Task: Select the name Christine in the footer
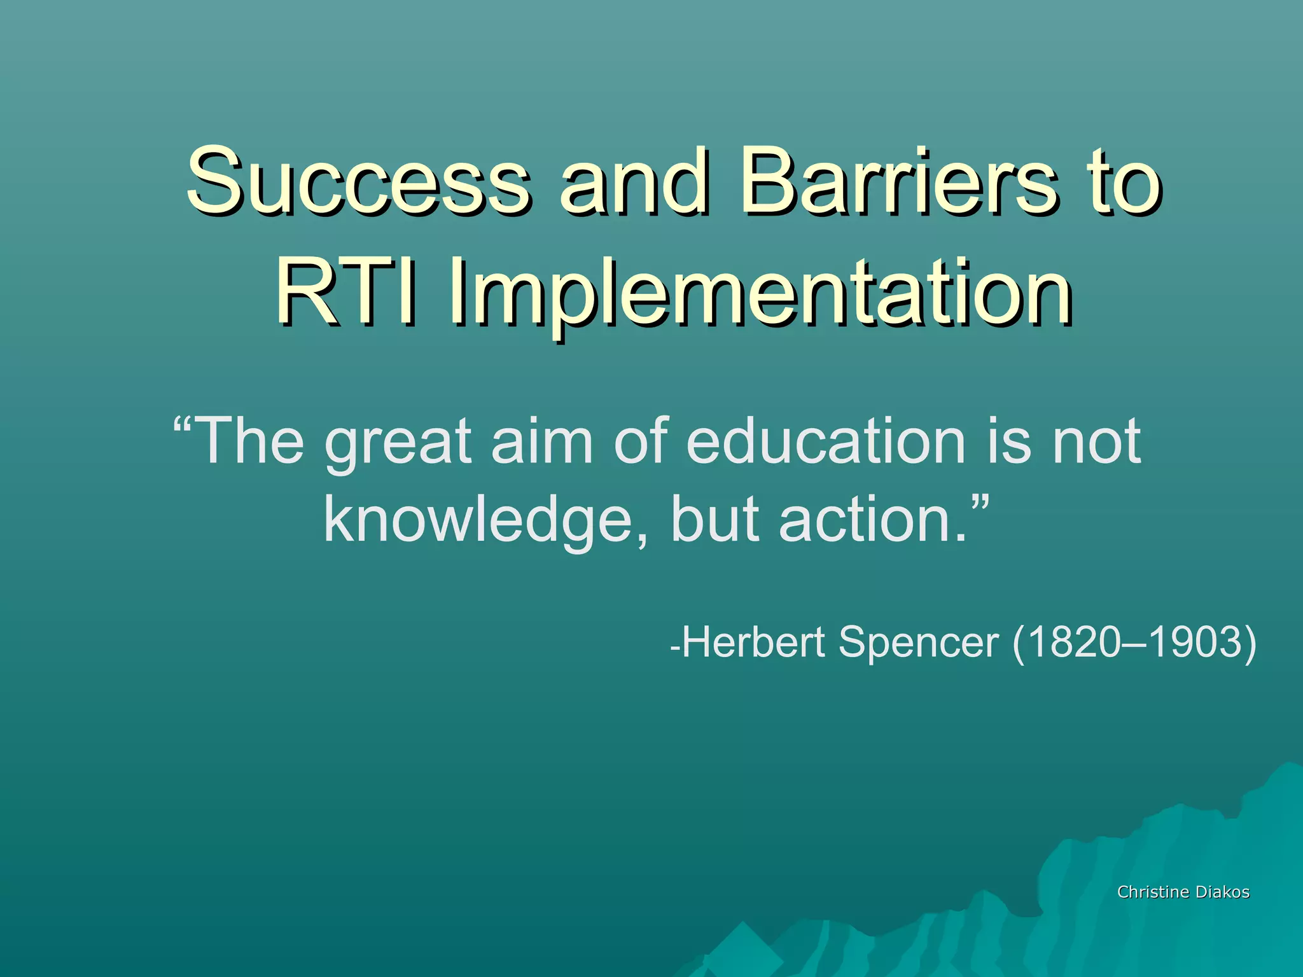point(1152,892)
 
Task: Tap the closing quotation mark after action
point(980,502)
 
